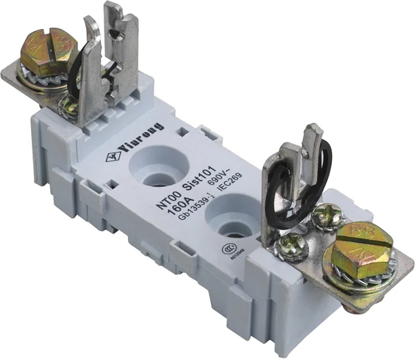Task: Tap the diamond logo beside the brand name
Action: tap(111, 157)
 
